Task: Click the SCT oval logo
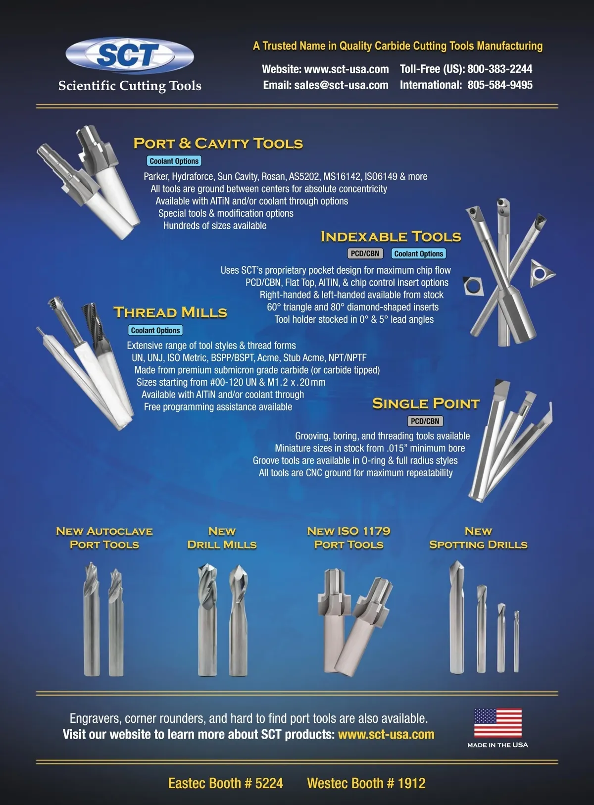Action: click(x=130, y=55)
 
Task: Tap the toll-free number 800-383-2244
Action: click(x=499, y=69)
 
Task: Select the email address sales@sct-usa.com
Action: click(x=341, y=85)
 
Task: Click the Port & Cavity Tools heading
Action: click(x=218, y=144)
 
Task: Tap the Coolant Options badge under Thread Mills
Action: click(x=155, y=330)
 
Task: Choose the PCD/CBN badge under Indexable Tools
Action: click(x=365, y=253)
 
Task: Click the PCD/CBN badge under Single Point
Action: click(x=425, y=421)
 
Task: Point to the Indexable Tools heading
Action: click(x=391, y=237)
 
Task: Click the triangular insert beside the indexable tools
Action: click(x=542, y=273)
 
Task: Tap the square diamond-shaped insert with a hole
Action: click(x=472, y=286)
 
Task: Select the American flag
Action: click(x=498, y=723)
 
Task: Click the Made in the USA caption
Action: click(x=498, y=745)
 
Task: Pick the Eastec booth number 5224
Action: click(x=269, y=783)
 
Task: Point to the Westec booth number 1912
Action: click(x=411, y=783)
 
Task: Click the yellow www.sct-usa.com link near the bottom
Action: click(x=386, y=734)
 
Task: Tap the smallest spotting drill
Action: click(x=516, y=642)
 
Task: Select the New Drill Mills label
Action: click(x=222, y=538)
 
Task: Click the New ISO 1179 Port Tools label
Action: click(x=348, y=538)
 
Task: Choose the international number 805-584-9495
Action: click(x=500, y=85)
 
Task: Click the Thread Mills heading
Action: click(x=170, y=312)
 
